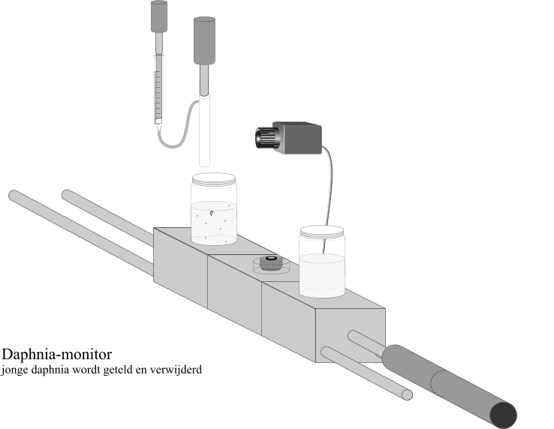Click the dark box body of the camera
(298, 138)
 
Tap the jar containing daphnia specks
(214, 209)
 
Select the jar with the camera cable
(322, 262)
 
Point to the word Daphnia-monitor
(57, 354)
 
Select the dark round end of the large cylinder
(504, 415)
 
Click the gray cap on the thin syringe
(159, 16)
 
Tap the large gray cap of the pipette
(205, 40)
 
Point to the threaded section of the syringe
(158, 94)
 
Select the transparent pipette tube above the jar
(205, 130)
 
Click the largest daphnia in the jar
(212, 213)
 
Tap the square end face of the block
(351, 335)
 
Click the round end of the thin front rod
(408, 394)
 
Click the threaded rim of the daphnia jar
(214, 179)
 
